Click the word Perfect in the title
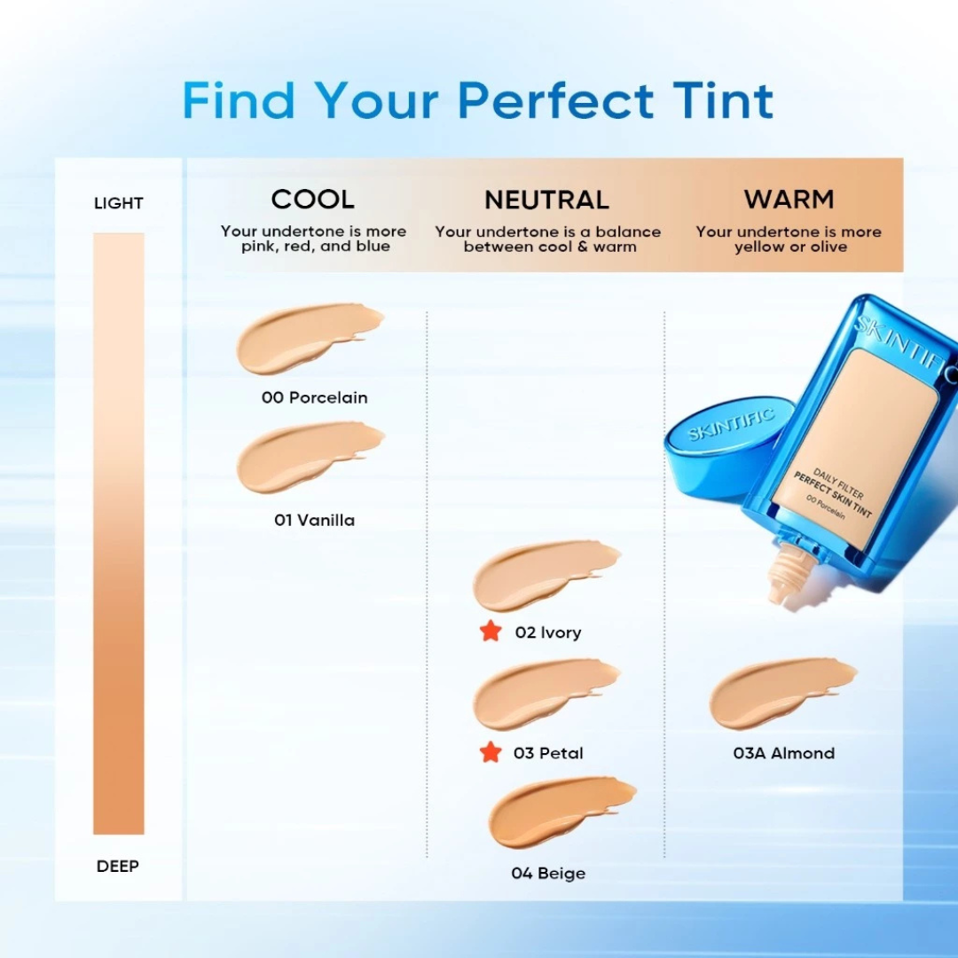coord(555,100)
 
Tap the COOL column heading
coord(312,200)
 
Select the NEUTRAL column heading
coord(546,200)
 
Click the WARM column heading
coord(789,200)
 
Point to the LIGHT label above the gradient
coord(118,203)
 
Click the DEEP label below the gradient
coord(118,867)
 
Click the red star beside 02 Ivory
coord(490,632)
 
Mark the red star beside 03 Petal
coord(490,752)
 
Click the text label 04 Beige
coord(548,874)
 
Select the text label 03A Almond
coord(783,753)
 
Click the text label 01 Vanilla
coord(314,521)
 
